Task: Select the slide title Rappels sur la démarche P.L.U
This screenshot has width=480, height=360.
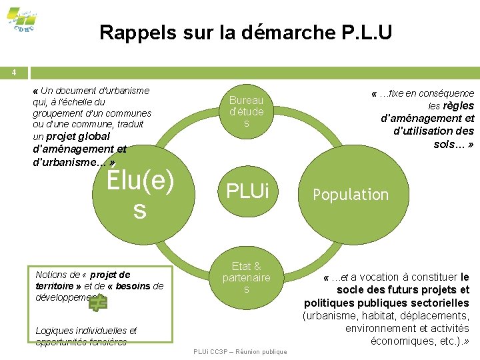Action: (x=245, y=31)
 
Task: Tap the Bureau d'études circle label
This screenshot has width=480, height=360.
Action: (x=246, y=112)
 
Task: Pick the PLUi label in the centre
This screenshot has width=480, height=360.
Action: (x=247, y=191)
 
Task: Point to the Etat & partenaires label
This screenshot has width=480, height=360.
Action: (x=246, y=277)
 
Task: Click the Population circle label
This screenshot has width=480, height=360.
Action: (x=351, y=195)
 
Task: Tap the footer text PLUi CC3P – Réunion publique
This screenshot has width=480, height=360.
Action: (x=239, y=351)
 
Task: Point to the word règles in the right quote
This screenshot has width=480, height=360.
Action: (x=458, y=106)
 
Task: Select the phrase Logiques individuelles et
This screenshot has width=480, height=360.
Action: (x=86, y=331)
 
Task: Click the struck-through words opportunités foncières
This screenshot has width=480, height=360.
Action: (x=81, y=342)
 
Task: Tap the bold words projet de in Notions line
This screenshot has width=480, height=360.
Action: (x=110, y=275)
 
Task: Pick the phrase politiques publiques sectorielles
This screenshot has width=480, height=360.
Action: (x=386, y=303)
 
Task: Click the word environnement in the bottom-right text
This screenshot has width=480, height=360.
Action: (x=378, y=328)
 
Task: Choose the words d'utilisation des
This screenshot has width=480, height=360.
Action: (x=433, y=131)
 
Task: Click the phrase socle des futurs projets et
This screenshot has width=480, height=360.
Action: (x=403, y=290)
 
